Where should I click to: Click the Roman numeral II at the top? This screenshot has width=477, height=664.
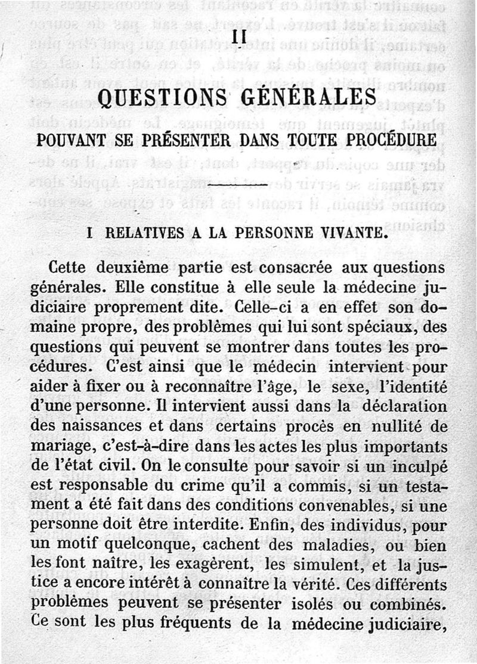(239, 37)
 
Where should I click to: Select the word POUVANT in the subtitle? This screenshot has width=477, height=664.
(70, 142)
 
